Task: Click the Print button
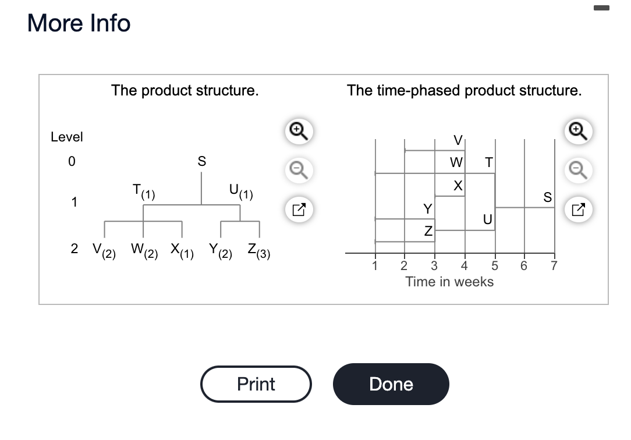coord(256,384)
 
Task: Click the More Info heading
coord(79,23)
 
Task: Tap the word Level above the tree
coord(67,137)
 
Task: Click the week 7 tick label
coord(554,266)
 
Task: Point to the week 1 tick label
coord(375,266)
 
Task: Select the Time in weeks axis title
coord(449,282)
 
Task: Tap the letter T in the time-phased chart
coord(488,162)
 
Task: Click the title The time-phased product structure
coord(464,91)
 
